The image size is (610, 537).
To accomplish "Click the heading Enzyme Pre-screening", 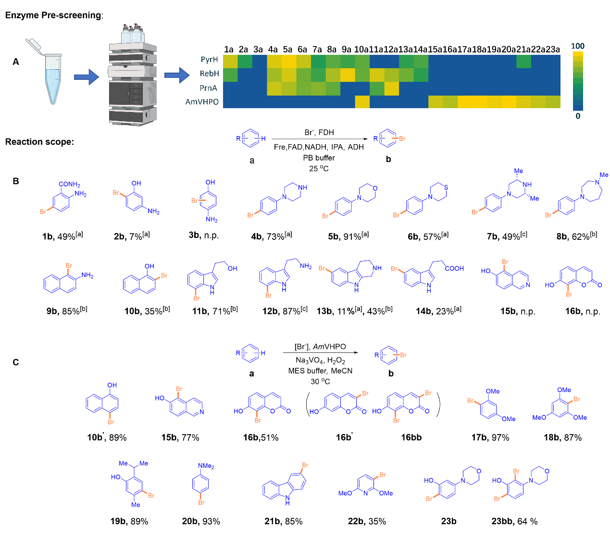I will [x=53, y=15].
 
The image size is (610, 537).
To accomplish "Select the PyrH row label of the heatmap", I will [x=210, y=60].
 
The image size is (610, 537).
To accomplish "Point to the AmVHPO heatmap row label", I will [x=202, y=102].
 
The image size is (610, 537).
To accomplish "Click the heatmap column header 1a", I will [x=229, y=50].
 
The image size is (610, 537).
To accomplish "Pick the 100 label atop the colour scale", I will [x=578, y=46].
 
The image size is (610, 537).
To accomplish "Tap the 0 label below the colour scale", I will [x=578, y=116].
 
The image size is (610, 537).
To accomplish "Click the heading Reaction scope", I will [x=39, y=142].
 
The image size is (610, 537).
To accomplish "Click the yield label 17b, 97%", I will [x=490, y=437].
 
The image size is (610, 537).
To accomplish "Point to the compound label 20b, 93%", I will [x=201, y=522].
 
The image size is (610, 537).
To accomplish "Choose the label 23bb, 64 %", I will [x=514, y=522].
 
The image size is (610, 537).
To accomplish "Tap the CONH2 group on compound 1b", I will [x=69, y=185].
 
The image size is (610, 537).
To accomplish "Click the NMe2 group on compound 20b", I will [x=206, y=466].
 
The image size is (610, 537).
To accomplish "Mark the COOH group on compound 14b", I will [x=454, y=269].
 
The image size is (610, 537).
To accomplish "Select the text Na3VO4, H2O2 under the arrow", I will [x=321, y=361].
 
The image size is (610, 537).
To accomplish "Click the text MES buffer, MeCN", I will [x=320, y=371].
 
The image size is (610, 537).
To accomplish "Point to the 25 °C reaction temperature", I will [x=319, y=169].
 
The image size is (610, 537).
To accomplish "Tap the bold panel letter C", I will [x=16, y=362].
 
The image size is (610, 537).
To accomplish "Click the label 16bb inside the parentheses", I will [x=411, y=437].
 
